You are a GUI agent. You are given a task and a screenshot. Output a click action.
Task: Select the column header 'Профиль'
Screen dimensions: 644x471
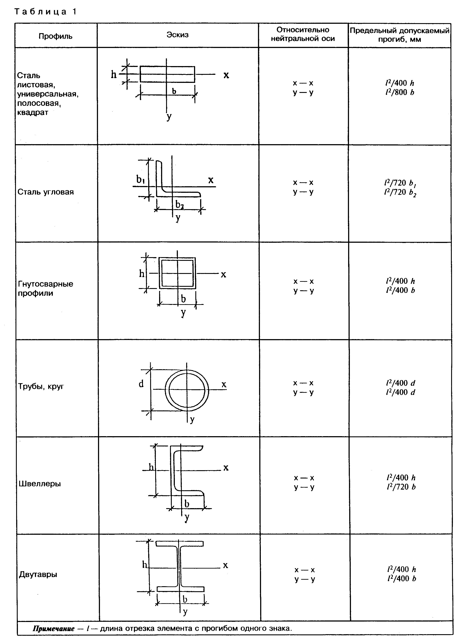pos(56,36)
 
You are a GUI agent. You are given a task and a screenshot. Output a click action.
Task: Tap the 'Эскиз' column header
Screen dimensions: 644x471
pos(178,35)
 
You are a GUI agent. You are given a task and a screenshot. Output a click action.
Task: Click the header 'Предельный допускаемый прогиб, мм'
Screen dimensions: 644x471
pos(399,35)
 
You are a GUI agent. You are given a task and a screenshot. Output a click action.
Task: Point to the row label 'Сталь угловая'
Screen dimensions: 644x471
pos(46,192)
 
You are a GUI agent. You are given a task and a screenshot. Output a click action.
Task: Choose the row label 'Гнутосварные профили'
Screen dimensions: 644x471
pos(46,288)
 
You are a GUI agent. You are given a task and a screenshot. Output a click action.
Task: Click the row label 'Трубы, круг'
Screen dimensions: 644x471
pos(41,386)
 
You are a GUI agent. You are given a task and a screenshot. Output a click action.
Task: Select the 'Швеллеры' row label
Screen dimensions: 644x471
pos(40,484)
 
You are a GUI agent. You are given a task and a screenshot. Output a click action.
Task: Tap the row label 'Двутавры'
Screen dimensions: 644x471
pos(38,574)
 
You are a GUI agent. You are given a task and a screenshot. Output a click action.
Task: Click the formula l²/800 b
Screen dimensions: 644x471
pos(399,92)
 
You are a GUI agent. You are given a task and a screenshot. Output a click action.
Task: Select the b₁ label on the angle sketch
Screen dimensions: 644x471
pos(140,179)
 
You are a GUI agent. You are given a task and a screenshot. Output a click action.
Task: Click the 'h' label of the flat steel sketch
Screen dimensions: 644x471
pos(114,75)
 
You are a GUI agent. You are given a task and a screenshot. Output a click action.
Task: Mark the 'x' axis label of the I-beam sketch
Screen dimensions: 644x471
pos(225,565)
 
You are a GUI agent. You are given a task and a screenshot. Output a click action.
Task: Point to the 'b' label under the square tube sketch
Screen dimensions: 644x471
pos(183,299)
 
